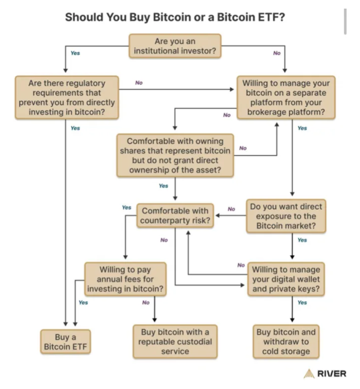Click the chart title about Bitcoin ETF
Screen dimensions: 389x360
coord(175,17)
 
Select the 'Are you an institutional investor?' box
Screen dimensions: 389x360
coord(175,46)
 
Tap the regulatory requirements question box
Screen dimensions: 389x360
coord(67,98)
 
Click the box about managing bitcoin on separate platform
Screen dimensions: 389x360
coord(286,98)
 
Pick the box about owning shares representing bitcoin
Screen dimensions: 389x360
coord(175,156)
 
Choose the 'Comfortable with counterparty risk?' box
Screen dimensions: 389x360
coord(175,216)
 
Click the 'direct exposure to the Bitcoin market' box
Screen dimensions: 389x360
coord(286,216)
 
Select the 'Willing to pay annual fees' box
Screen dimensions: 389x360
coord(125,279)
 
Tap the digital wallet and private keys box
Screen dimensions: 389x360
coord(286,279)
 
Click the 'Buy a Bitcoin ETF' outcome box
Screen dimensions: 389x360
coord(65,342)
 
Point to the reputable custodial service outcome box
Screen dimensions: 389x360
coord(175,342)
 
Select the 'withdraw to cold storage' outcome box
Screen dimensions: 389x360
coord(286,342)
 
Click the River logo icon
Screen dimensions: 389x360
coord(309,373)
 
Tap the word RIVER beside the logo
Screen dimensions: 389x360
coord(332,374)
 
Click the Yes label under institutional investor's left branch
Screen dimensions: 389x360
coord(75,53)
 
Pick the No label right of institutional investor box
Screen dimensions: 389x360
coord(277,53)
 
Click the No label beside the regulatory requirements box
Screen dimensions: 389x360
coord(139,83)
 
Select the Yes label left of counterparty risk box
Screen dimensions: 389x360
coord(127,208)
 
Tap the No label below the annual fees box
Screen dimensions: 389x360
coord(146,303)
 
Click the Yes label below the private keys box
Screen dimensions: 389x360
coord(302,303)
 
